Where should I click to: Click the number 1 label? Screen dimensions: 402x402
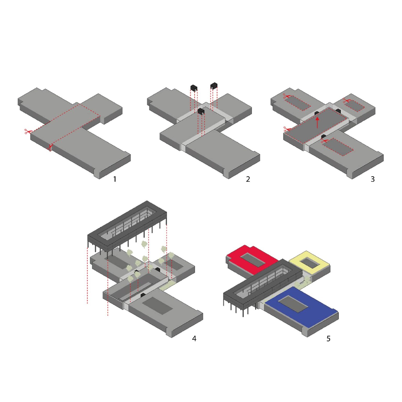(115, 179)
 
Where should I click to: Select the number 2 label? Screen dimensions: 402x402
(248, 179)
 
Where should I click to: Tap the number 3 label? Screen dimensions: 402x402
(373, 179)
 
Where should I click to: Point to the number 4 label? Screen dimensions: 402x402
(194, 338)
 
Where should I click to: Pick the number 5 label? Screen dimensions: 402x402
(328, 338)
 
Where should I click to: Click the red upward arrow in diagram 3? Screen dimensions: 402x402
(317, 122)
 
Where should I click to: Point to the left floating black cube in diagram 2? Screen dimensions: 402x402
(194, 87)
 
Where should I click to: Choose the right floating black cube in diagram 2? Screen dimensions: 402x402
(214, 86)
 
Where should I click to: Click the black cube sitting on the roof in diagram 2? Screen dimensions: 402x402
(201, 111)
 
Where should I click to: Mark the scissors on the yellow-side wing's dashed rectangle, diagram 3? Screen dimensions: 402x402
(346, 100)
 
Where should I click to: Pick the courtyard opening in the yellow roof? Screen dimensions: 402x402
(310, 263)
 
